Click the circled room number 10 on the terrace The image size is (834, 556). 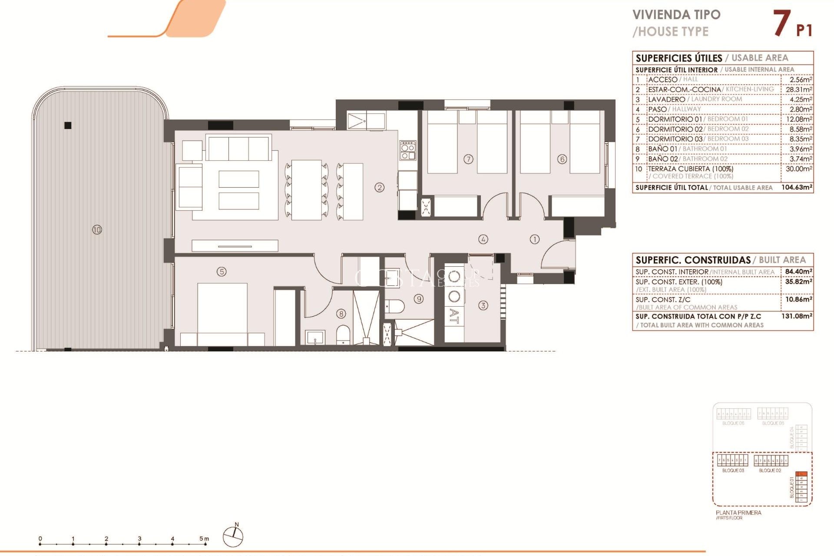(97, 229)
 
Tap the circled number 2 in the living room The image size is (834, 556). (380, 188)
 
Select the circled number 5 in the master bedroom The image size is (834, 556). (222, 272)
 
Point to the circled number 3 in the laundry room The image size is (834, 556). (483, 305)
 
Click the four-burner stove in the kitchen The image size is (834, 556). (408, 150)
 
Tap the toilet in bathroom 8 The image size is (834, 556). (343, 335)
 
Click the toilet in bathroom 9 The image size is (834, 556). (395, 306)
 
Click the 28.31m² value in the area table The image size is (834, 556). (798, 89)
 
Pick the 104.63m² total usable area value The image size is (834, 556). (797, 188)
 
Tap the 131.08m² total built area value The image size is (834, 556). (797, 316)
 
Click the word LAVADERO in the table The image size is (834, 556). (666, 99)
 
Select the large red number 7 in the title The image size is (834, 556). (781, 23)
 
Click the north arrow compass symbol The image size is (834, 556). (233, 536)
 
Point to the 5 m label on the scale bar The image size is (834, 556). (204, 539)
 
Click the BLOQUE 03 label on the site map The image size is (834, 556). (733, 470)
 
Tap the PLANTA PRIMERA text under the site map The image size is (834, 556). (738, 513)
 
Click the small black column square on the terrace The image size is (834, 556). (68, 126)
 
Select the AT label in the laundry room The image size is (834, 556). (454, 316)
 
